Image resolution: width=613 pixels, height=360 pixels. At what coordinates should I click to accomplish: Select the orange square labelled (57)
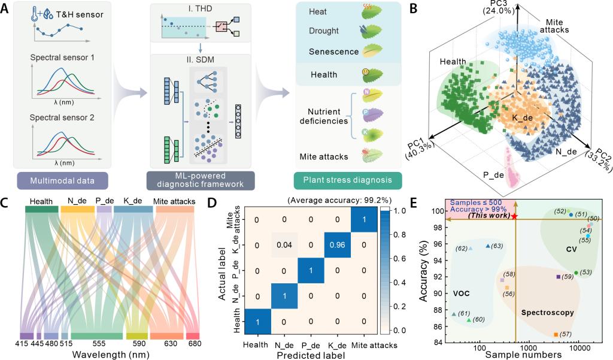556,334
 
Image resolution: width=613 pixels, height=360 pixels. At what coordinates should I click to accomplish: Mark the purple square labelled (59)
558,277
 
